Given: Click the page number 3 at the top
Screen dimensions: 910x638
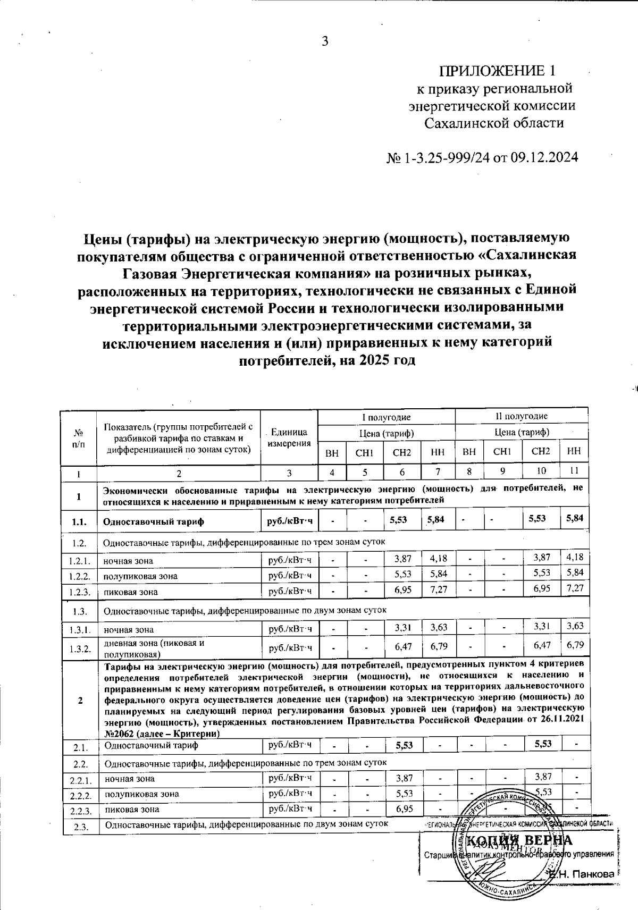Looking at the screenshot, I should (325, 41).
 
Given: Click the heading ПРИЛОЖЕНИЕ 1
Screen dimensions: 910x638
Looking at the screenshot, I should (497, 71).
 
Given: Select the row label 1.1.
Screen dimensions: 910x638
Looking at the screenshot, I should (79, 521).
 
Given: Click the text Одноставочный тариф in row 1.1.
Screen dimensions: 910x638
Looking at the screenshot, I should (154, 521).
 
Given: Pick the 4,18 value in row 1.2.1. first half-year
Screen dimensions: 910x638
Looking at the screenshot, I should (438, 558).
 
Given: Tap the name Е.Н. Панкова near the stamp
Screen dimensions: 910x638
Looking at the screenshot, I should (583, 874).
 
